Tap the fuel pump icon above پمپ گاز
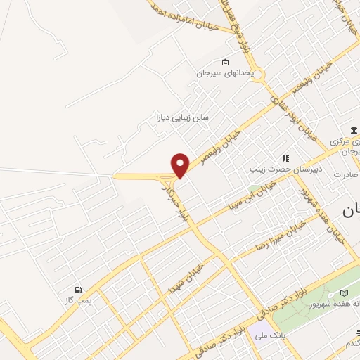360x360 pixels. click(x=77, y=289)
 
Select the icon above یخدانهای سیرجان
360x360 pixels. click(x=224, y=61)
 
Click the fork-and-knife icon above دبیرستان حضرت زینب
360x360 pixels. click(x=285, y=159)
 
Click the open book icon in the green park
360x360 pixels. click(x=344, y=292)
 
